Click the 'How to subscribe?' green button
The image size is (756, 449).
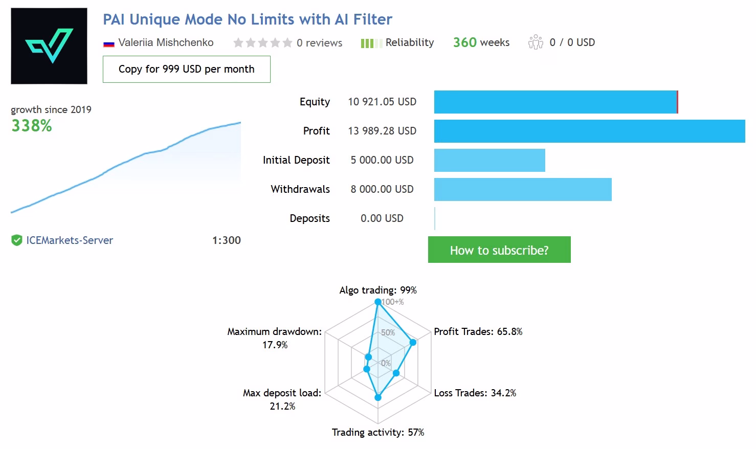pos(499,250)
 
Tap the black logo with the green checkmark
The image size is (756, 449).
pos(49,46)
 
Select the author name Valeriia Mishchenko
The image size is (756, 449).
pos(166,42)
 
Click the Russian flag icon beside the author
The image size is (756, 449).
pos(108,44)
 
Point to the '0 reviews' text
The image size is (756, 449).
pos(319,43)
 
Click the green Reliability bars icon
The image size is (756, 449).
pos(371,43)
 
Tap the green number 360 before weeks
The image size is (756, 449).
pos(465,42)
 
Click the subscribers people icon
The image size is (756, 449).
pos(536,42)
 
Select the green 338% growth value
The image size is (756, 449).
pos(32,126)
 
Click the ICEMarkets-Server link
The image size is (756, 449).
pos(70,240)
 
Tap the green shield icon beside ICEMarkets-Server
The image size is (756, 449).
pos(16,240)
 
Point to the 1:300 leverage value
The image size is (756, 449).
pos(227,240)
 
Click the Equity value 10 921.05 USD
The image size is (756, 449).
pos(382,102)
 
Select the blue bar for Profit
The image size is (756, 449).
pos(590,131)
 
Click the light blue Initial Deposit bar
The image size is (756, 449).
pos(490,160)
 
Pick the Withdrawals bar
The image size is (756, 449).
pos(523,189)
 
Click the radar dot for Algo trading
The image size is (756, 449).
pos(378,302)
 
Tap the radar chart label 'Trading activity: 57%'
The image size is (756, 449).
pos(378,432)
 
